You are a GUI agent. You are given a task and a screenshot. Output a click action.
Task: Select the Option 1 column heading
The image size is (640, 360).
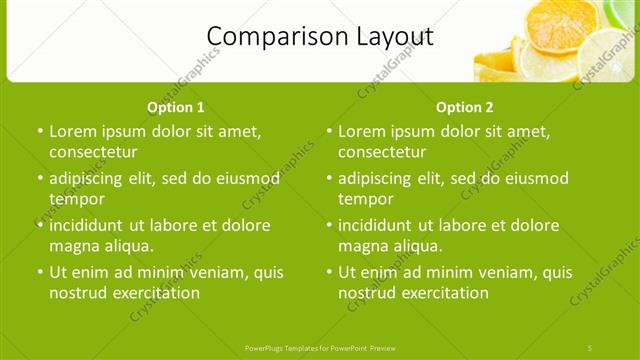click(x=176, y=107)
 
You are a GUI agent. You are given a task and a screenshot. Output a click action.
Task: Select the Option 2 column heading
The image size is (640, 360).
click(x=465, y=107)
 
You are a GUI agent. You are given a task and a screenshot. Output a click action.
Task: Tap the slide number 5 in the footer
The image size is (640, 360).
click(x=589, y=347)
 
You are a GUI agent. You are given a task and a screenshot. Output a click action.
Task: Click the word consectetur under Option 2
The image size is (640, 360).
click(x=381, y=152)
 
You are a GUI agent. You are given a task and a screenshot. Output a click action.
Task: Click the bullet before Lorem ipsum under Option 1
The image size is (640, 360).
click(x=40, y=132)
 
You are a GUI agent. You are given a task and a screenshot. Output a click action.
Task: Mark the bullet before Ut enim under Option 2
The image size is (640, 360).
click(x=329, y=272)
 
